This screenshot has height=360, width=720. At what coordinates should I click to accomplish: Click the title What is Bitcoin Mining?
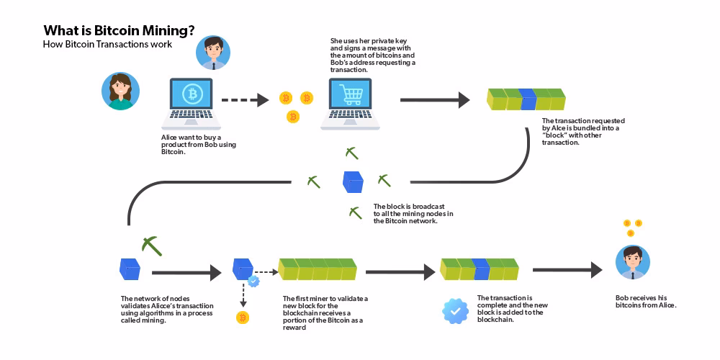click(119, 30)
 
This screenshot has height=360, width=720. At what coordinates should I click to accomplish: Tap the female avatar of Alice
click(119, 91)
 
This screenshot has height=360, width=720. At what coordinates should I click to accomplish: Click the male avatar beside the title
click(213, 53)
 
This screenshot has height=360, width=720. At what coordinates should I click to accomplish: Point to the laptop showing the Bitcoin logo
click(192, 102)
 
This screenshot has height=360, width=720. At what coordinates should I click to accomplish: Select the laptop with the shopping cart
click(351, 102)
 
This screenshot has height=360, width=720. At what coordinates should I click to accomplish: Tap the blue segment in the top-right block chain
click(528, 99)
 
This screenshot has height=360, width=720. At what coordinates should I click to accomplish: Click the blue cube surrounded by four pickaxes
click(353, 181)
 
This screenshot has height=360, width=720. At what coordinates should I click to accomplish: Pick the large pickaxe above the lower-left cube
click(152, 245)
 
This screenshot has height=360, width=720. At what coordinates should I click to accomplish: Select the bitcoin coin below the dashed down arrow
click(243, 317)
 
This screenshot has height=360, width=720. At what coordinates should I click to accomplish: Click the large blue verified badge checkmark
click(455, 311)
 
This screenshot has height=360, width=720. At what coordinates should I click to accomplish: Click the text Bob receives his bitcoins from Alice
click(646, 301)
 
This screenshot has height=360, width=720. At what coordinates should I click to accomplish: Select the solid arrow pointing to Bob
click(567, 270)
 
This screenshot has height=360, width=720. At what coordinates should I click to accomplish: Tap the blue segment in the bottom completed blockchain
click(481, 269)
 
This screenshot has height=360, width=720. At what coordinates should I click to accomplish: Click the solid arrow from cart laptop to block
click(434, 100)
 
